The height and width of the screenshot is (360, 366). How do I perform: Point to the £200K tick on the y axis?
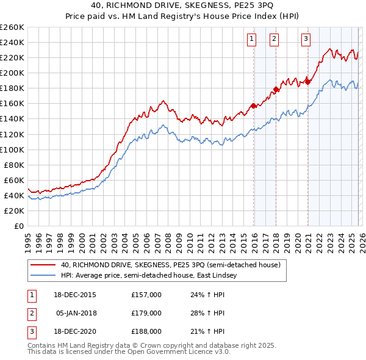tap(12, 73)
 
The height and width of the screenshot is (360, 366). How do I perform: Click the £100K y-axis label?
tap(12, 149)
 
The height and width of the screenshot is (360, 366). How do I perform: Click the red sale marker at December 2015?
tap(253, 106)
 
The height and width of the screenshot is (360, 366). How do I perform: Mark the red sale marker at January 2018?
tap(276, 89)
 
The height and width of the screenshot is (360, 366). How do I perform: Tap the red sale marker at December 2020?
tap(307, 81)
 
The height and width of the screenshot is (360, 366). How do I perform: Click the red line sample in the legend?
tap(43, 265)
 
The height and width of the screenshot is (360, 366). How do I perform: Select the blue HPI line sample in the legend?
tap(43, 276)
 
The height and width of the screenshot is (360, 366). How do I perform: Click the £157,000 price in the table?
tap(146, 294)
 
